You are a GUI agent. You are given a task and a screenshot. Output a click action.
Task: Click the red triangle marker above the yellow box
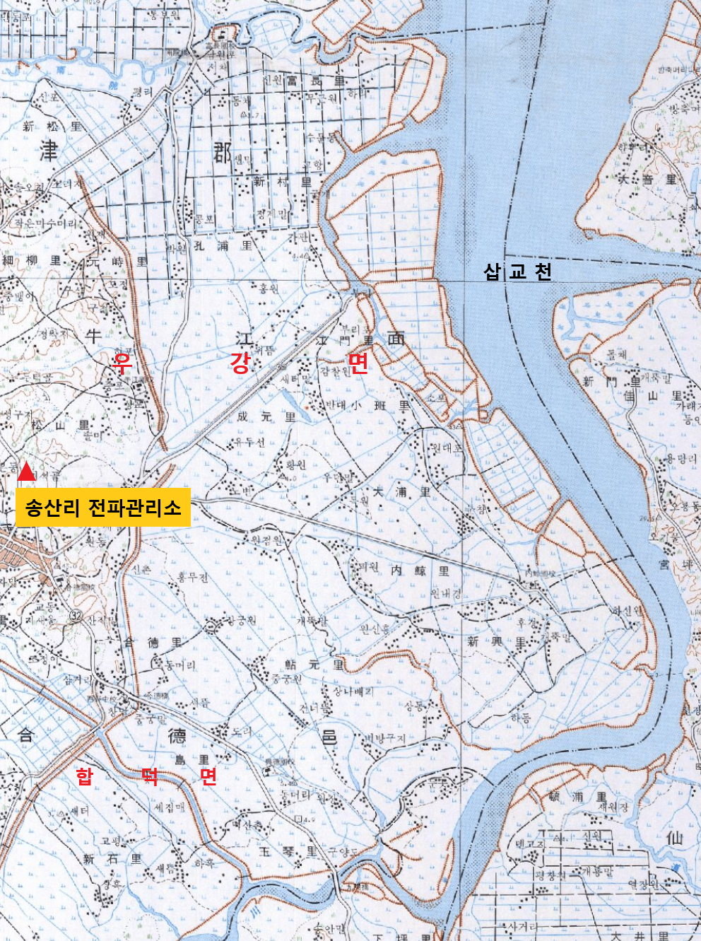click(x=26, y=472)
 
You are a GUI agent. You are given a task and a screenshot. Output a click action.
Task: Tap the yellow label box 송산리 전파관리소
click(x=103, y=507)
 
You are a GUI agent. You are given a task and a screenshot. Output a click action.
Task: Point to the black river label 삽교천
click(x=517, y=271)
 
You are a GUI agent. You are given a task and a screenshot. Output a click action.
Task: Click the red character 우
click(x=123, y=363)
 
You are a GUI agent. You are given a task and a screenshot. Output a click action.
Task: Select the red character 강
click(x=240, y=363)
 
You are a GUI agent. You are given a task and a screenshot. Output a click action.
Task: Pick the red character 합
click(x=84, y=776)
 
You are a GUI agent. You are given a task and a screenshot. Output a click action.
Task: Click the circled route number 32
click(x=76, y=615)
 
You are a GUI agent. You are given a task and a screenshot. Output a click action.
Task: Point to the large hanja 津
click(x=48, y=150)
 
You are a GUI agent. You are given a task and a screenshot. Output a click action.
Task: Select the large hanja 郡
click(x=222, y=151)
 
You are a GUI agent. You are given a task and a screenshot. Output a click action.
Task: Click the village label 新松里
click(x=52, y=127)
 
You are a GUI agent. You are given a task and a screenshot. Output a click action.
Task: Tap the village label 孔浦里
click(x=223, y=246)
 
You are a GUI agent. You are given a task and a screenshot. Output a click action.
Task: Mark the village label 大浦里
click(x=401, y=491)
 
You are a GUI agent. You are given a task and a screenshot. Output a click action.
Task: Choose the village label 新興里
click(x=497, y=642)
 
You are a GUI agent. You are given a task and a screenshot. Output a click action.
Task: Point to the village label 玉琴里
click(x=288, y=852)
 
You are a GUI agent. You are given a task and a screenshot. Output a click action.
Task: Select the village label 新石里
click(x=112, y=859)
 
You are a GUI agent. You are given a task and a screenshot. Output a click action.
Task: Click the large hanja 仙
click(x=674, y=838)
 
